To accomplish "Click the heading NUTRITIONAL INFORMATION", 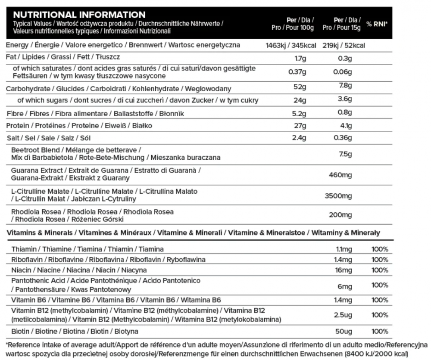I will coord(79,15).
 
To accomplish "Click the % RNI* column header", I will coord(377,25).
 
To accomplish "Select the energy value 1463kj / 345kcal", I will coord(291,46).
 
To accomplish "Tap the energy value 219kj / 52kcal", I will coord(343,46).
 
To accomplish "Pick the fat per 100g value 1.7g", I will coord(300,58).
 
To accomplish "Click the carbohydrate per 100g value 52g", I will coord(300,87).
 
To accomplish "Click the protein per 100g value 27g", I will coord(300,126).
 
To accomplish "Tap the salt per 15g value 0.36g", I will coord(343,138).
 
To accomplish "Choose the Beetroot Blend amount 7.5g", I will coord(346,154).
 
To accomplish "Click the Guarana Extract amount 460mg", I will coord(340,175).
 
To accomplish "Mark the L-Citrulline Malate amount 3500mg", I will coord(339,196).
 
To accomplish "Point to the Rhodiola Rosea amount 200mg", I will coord(340,215).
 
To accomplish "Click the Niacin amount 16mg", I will coord(344,270).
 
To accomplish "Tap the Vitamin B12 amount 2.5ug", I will coord(344,315).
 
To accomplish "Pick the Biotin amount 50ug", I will coord(344,331).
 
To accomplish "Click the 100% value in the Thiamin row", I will coord(380,249).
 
